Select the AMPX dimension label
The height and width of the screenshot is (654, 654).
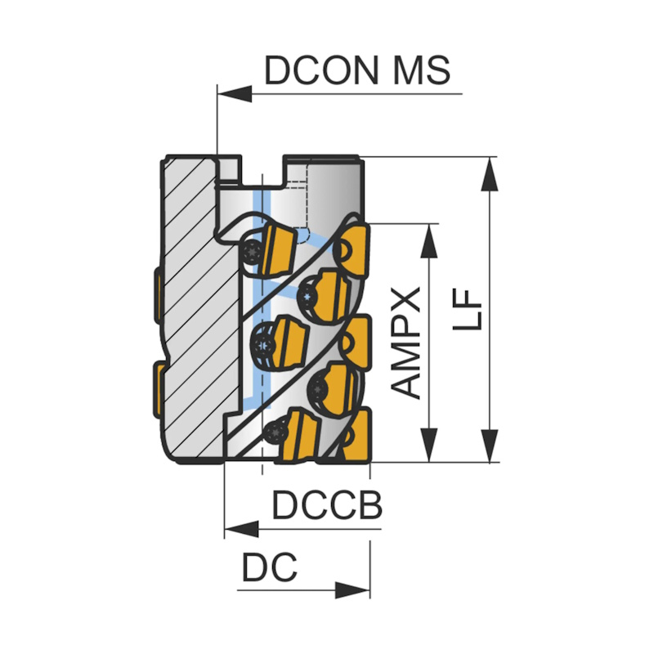click(406, 342)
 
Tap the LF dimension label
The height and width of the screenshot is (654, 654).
click(470, 309)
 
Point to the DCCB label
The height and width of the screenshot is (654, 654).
click(327, 506)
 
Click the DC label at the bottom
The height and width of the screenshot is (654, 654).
click(269, 567)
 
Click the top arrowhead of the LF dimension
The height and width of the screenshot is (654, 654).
click(490, 170)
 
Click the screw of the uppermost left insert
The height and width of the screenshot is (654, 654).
click(254, 251)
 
